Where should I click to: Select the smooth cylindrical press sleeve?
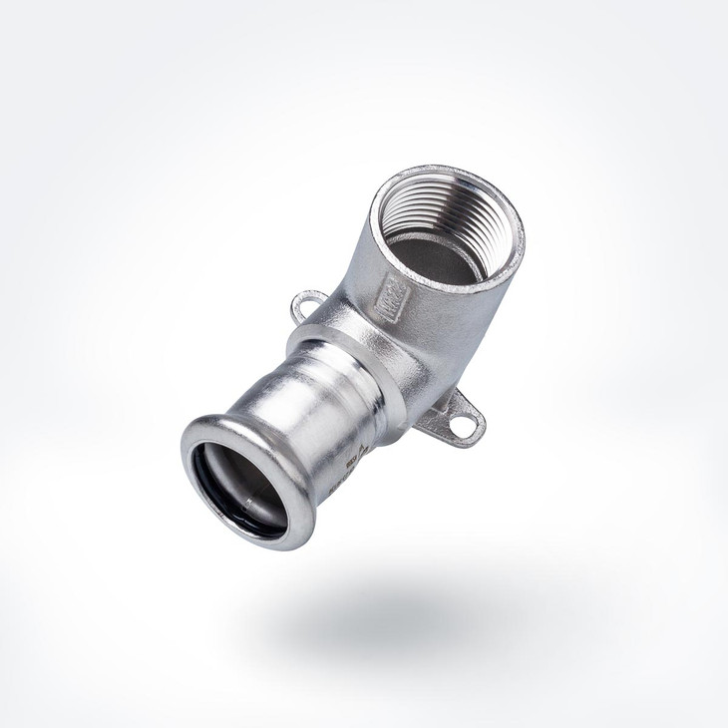(299, 419)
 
